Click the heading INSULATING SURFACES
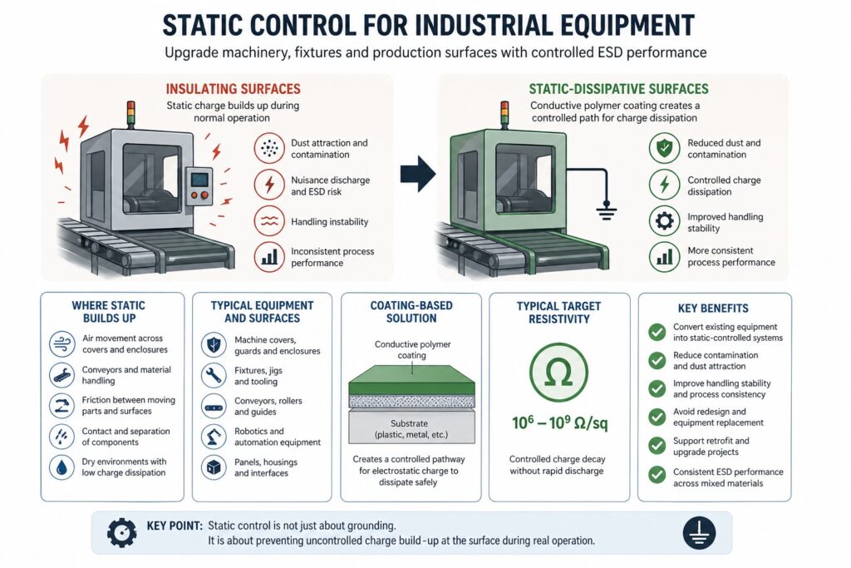234,88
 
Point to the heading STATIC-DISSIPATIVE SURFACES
618,88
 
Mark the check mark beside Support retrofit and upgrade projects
657,446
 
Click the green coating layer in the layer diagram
411,386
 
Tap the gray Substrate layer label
411,429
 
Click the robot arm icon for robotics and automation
214,437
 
